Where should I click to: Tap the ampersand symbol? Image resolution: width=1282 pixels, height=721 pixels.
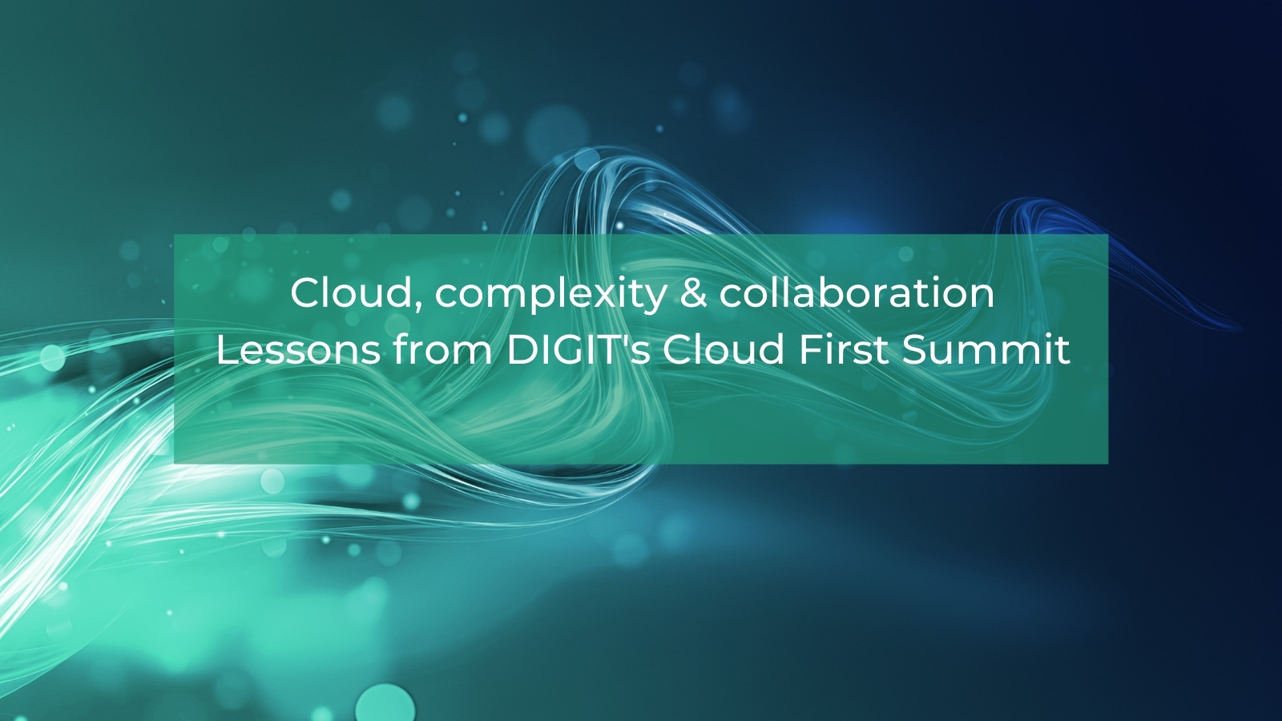pyautogui.click(x=693, y=293)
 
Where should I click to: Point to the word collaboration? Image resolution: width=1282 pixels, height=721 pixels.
pyautogui.click(x=857, y=293)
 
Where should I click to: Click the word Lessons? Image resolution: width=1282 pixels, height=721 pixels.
pyautogui.click(x=298, y=350)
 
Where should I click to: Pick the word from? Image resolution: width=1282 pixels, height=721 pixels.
pyautogui.click(x=443, y=350)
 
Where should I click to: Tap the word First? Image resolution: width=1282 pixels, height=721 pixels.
pyautogui.click(x=844, y=350)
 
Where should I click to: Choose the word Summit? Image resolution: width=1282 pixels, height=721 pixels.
pyautogui.click(x=986, y=350)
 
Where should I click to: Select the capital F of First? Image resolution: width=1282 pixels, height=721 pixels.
pyautogui.click(x=808, y=350)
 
